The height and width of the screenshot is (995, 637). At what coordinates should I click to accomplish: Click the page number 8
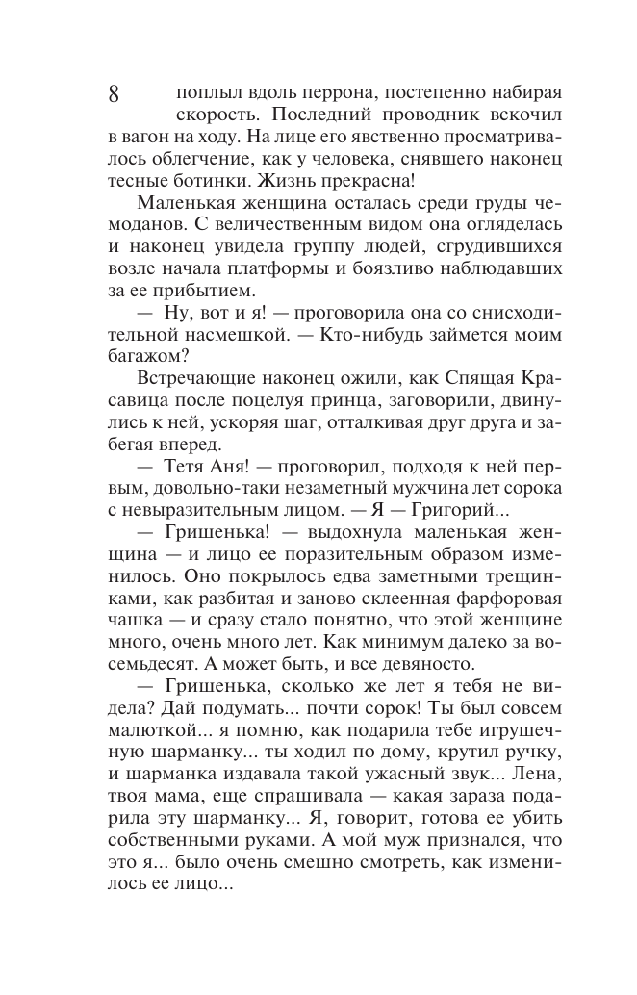click(x=114, y=95)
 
